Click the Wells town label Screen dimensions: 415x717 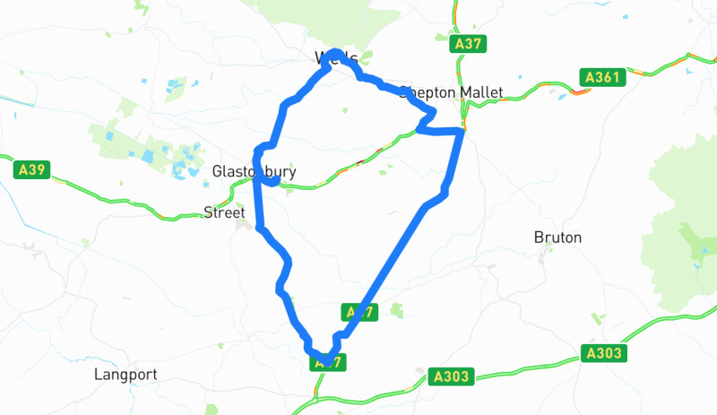337,58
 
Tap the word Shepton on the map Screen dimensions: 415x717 428,92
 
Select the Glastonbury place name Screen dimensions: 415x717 254,171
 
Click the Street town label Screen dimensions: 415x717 223,212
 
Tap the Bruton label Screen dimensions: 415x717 557,238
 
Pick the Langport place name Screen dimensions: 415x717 125,375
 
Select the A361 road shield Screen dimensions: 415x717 600,77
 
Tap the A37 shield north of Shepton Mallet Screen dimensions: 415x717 469,44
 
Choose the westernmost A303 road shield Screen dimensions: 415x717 448,376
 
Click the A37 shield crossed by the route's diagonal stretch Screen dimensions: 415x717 358,312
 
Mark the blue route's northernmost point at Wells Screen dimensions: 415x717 333,52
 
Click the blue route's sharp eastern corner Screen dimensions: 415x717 462,133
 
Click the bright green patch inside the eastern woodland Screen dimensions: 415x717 695,244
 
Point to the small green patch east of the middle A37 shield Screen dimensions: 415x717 396,310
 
